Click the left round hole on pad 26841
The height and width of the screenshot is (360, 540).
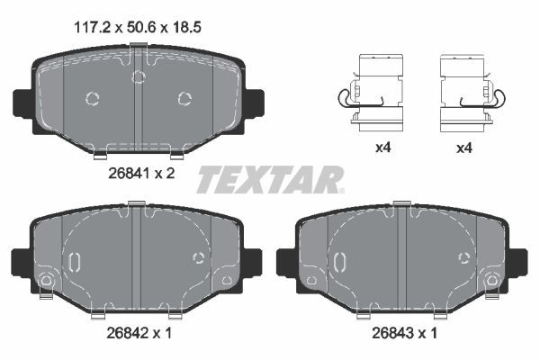click(x=93, y=99)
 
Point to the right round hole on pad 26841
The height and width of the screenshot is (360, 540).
click(x=185, y=99)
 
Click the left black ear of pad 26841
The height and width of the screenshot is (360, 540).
click(x=22, y=108)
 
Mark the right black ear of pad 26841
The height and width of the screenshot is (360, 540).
click(x=254, y=108)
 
